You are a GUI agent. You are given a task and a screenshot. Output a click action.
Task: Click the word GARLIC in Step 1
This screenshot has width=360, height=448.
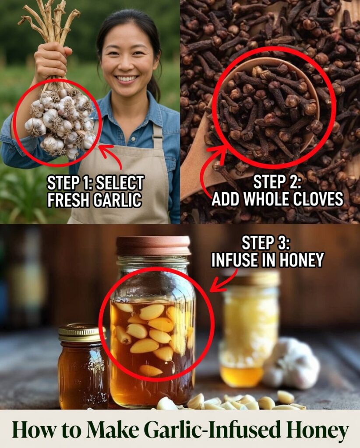click(x=117, y=199)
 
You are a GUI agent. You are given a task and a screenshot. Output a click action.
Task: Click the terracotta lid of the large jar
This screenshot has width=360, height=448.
click(x=153, y=246)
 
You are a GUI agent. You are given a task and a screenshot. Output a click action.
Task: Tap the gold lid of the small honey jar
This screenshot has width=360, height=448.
click(x=82, y=333)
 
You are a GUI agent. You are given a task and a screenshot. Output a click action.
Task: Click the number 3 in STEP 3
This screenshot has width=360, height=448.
click(x=280, y=243)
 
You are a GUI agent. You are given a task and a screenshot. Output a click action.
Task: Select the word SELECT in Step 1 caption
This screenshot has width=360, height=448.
click(x=120, y=183)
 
